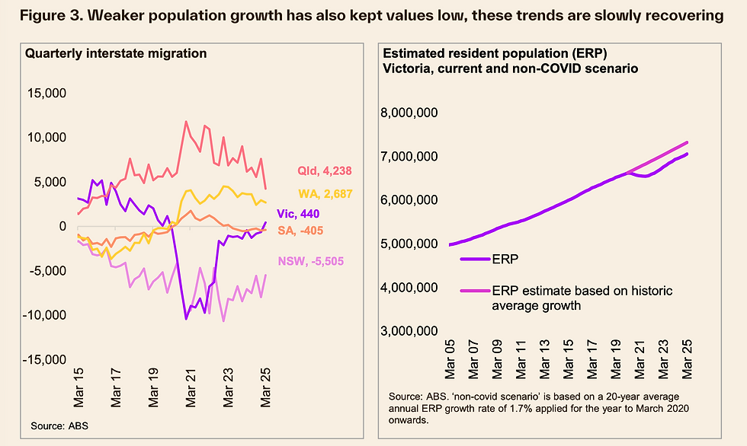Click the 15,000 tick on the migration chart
68,94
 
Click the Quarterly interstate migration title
116,53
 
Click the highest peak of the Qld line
185,121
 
